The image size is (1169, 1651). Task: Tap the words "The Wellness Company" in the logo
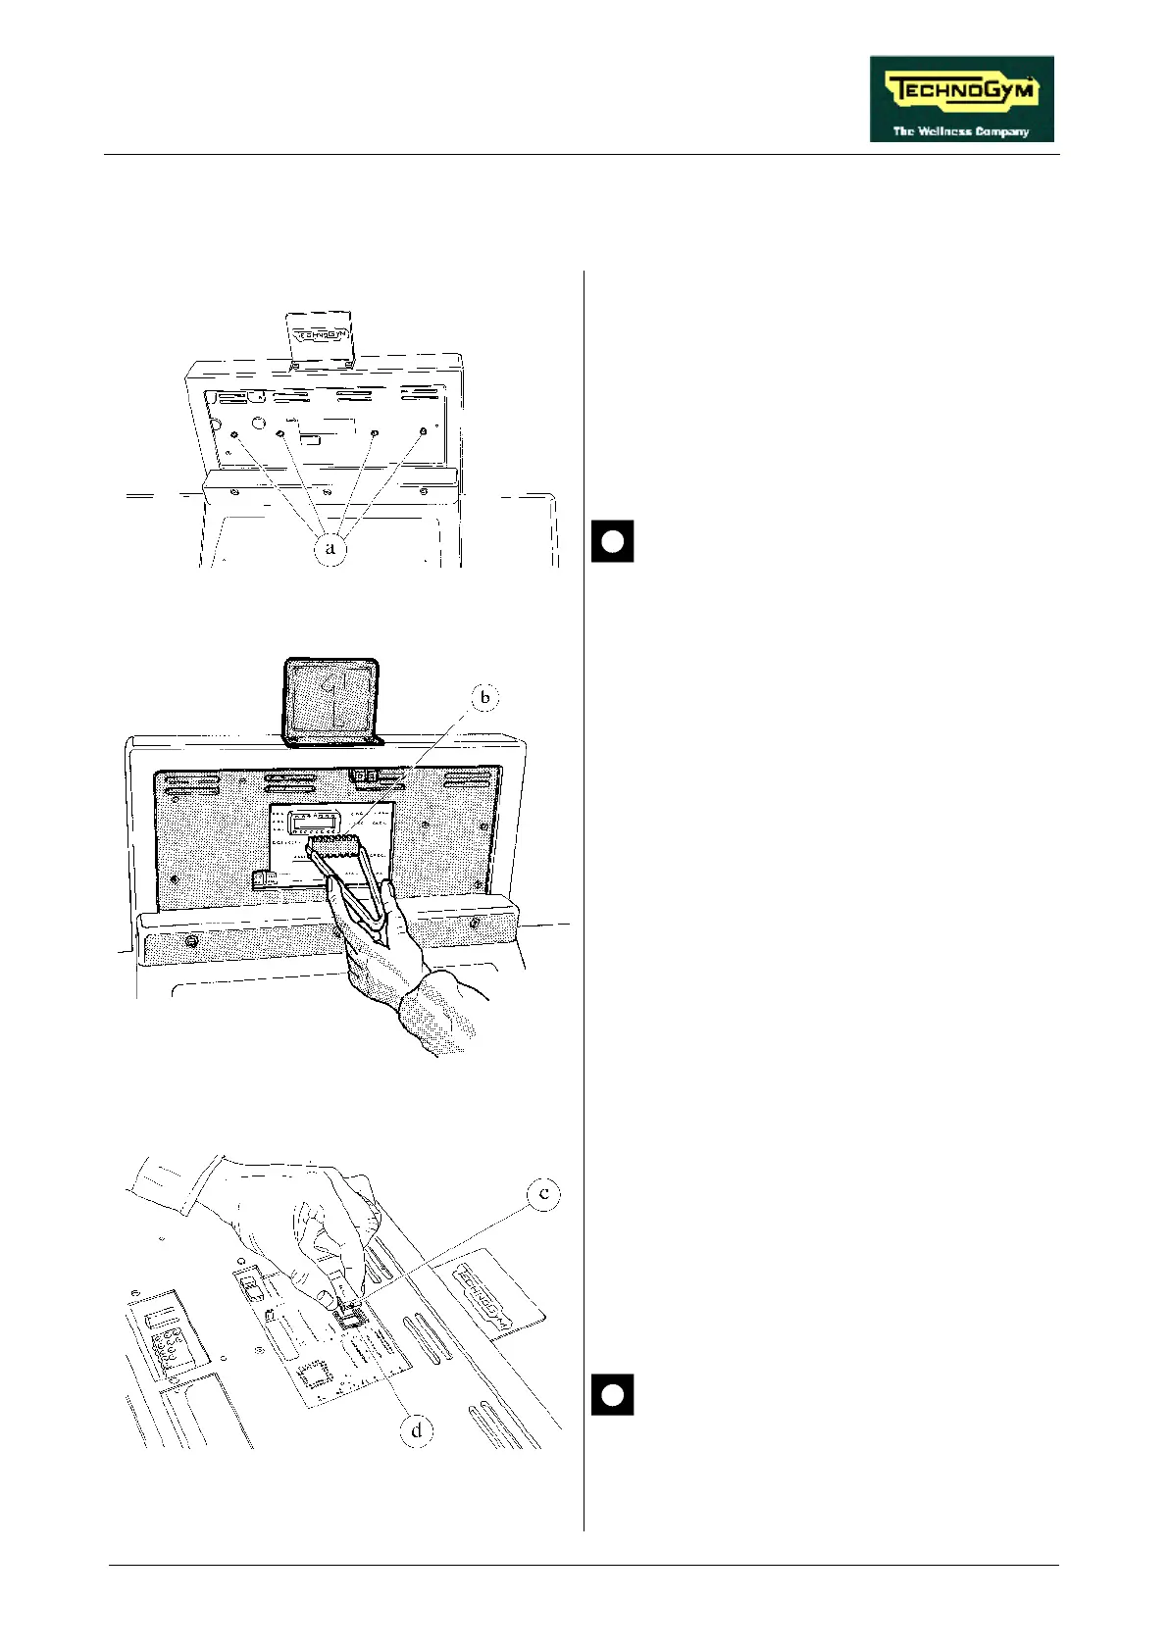pos(961,130)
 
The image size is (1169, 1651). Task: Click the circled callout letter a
pos(330,547)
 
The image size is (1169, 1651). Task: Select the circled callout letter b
pos(484,697)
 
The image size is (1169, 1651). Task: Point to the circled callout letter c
pos(543,1194)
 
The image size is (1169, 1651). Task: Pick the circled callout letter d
pos(417,1430)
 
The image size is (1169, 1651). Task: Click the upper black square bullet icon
pos(612,541)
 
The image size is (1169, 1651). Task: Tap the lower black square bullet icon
pos(612,1395)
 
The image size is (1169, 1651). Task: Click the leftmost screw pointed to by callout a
pos(233,434)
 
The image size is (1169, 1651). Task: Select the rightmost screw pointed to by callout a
pos(423,431)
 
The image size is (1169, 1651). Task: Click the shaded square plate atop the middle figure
pos(330,699)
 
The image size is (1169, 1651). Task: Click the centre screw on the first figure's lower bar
pos(328,492)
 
